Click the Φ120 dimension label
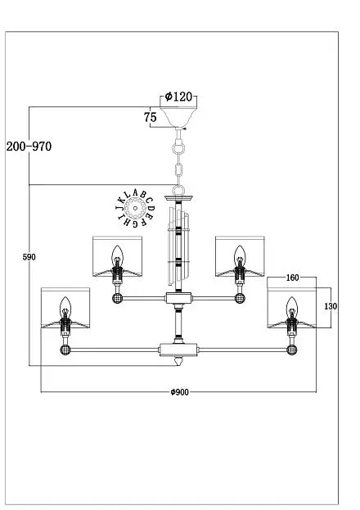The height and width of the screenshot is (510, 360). [x=178, y=97]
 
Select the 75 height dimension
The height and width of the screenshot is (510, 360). [x=151, y=117]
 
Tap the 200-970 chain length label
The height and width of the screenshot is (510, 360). [x=29, y=147]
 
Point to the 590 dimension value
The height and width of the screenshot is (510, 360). [x=29, y=257]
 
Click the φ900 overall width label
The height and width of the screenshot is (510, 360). [x=179, y=392]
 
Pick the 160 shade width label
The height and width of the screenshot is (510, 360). [x=292, y=278]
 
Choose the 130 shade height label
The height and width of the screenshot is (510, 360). [x=331, y=306]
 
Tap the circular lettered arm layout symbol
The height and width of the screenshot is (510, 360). [x=136, y=208]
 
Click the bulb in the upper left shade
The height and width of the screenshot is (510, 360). [x=117, y=255]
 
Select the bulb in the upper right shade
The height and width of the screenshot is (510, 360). [x=240, y=255]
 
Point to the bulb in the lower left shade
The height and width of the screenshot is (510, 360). [x=65, y=306]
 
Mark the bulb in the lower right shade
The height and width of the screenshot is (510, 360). [x=292, y=306]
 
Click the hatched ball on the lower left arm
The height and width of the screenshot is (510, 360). [x=65, y=350]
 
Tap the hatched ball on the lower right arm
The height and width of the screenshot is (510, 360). [x=292, y=350]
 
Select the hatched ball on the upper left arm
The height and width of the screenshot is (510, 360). [x=117, y=298]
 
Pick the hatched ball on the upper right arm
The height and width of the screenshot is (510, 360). [x=240, y=298]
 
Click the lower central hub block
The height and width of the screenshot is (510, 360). [x=178, y=350]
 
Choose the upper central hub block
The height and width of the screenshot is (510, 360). [x=178, y=298]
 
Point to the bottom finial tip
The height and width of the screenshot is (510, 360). [x=178, y=364]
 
